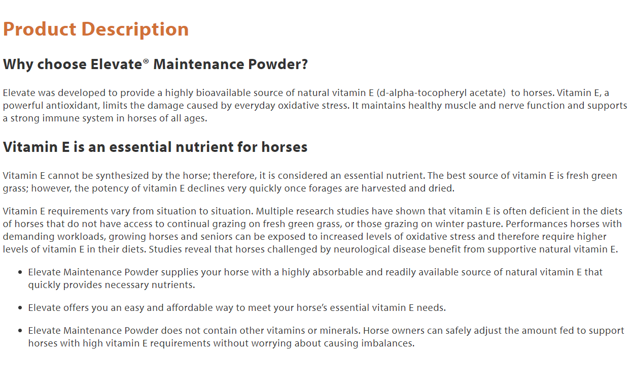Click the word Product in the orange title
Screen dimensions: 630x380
pos(40,29)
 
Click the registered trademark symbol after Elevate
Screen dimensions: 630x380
pos(146,61)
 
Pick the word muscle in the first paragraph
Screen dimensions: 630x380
pos(460,105)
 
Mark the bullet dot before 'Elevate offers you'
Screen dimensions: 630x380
pos(20,308)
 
